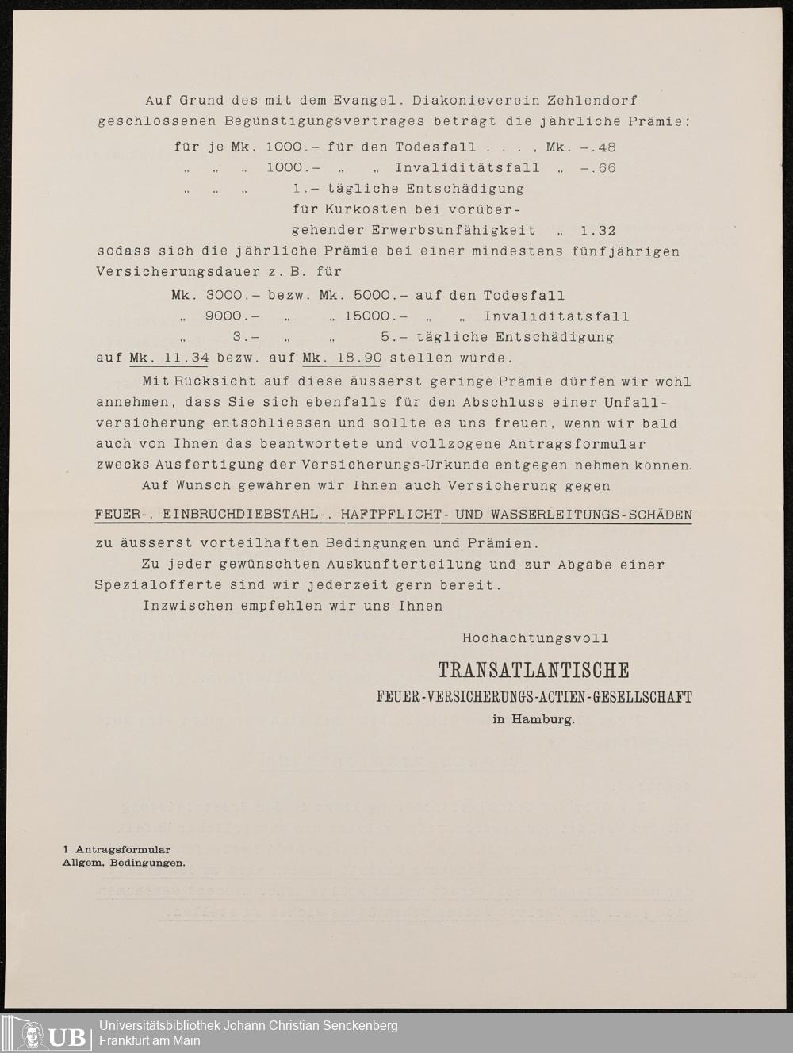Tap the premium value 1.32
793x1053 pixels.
598,231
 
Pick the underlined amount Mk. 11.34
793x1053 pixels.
169,358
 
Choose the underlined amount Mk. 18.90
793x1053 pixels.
342,358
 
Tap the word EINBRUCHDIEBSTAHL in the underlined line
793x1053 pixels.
247,515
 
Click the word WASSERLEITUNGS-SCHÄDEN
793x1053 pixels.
592,515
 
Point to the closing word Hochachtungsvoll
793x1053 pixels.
536,638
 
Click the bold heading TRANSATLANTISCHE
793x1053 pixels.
534,671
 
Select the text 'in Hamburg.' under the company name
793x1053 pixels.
534,720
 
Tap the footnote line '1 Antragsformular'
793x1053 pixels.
117,850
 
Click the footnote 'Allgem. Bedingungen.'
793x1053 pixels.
124,863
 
